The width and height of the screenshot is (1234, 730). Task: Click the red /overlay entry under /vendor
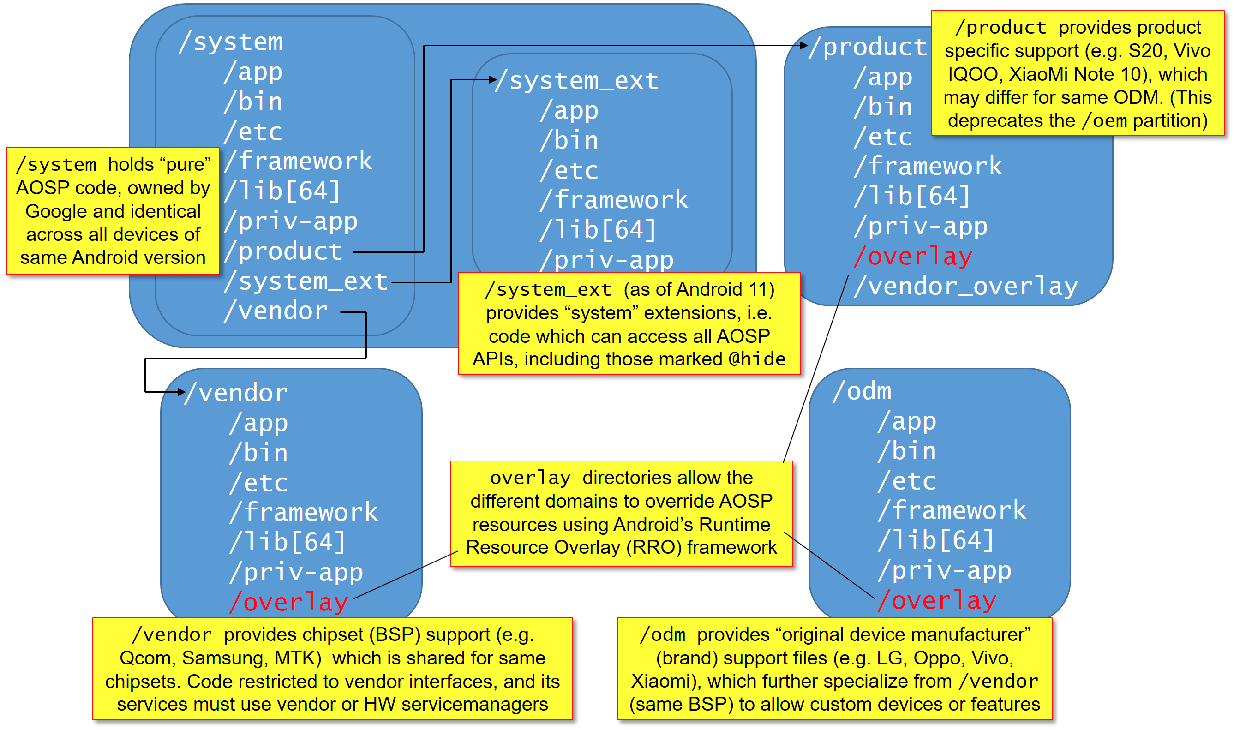point(289,602)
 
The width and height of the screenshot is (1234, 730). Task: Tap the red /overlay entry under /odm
point(937,600)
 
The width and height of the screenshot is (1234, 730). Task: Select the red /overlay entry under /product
point(913,256)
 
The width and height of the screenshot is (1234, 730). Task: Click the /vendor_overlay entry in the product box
point(966,286)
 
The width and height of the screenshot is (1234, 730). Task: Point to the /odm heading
point(862,391)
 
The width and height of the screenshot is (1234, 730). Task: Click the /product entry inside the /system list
point(283,251)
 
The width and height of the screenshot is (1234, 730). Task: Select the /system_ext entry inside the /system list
point(306,281)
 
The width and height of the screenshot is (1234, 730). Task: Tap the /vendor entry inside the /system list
point(276,311)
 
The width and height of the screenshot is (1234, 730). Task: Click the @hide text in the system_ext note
point(757,359)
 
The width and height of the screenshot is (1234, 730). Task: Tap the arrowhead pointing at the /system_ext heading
point(493,80)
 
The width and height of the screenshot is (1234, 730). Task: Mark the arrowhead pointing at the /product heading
point(804,46)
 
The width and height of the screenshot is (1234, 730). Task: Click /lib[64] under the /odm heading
point(935,540)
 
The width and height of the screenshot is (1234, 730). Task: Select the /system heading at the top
point(231,42)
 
